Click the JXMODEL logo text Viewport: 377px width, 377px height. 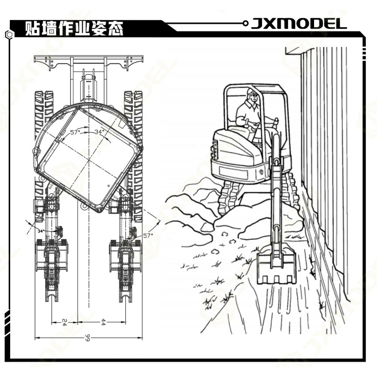[299, 24]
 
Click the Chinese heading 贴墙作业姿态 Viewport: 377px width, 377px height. [74, 29]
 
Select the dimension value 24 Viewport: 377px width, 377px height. [64, 322]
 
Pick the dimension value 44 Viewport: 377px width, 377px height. [103, 322]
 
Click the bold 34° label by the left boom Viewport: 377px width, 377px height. [41, 231]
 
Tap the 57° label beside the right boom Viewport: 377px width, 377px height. [148, 236]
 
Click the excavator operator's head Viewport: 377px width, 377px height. [253, 95]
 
